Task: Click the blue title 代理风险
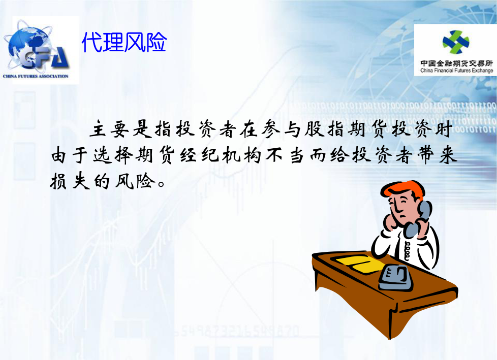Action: [124, 42]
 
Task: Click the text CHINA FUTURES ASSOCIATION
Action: [36, 76]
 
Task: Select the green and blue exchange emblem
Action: [456, 43]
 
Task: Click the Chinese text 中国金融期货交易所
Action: [456, 63]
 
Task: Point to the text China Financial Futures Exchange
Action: [456, 71]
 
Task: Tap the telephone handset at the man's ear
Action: [418, 218]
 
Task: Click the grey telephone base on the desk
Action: [396, 278]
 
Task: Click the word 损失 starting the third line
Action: [70, 181]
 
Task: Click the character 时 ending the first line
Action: [443, 129]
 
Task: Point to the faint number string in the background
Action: [236, 332]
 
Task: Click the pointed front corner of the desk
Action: [390, 339]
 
